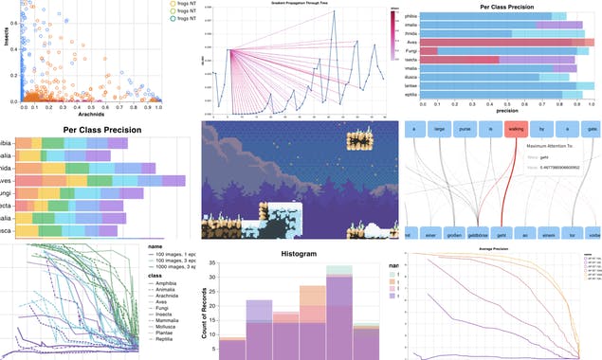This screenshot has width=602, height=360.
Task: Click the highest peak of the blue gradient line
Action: click(x=361, y=23)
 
